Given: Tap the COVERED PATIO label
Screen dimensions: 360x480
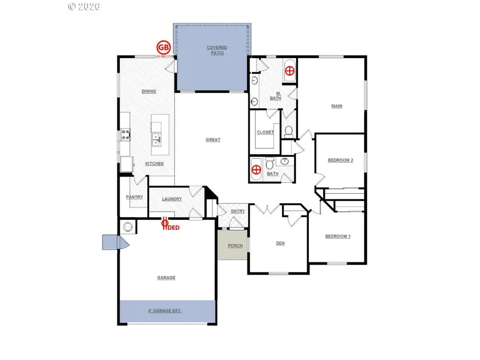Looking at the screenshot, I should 217,50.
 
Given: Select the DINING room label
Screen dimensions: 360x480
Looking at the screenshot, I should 149,91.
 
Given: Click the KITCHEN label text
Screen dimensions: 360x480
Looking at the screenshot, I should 155,164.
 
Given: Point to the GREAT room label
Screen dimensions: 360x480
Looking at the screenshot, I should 213,140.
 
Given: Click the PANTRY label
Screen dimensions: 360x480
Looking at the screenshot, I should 134,197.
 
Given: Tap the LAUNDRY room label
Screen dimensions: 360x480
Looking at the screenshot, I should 172,199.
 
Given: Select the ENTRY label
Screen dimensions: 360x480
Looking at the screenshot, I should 238,212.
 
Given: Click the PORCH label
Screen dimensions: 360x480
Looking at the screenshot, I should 235,246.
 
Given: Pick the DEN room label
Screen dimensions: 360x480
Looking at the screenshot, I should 280,244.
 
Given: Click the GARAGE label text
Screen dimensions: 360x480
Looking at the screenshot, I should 166,277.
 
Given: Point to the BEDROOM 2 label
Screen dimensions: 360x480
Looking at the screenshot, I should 340,160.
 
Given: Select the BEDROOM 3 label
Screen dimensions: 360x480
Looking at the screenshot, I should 338,236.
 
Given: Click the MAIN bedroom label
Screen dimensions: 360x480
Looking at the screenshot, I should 337,106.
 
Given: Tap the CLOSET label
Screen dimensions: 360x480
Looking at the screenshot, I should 265,132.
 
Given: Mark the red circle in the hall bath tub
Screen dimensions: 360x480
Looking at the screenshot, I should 257,170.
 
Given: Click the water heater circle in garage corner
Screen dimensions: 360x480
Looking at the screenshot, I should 127,227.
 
